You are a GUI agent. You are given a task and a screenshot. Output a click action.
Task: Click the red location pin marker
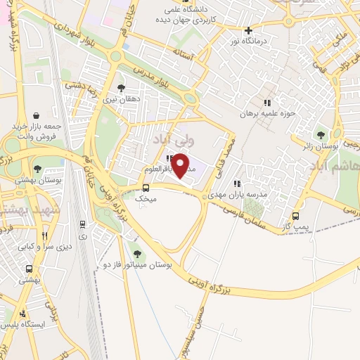pos(181,165)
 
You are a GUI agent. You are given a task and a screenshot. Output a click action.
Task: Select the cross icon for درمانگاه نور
pos(247,30)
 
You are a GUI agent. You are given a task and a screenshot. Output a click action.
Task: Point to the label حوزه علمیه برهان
pos(266,112)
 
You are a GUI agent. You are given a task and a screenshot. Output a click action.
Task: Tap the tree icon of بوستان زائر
pos(321,134)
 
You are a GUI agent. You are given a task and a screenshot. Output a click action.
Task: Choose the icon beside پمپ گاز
pos(295,216)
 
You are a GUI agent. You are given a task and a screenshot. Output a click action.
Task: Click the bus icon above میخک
pos(146,188)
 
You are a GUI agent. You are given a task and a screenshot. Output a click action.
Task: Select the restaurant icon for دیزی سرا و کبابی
pos(44,236)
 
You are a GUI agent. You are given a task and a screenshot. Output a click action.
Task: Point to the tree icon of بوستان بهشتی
pos(37,169)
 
